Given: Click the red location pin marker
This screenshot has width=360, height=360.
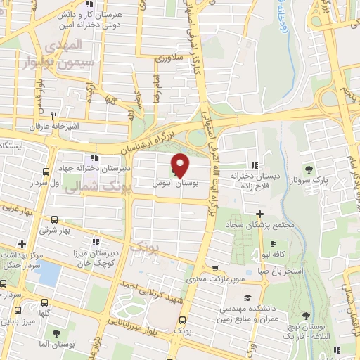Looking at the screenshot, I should tap(181, 165).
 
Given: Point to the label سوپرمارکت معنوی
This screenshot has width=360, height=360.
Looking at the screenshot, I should tap(215, 280).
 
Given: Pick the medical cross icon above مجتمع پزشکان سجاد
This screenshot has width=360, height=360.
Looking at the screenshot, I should tap(259, 214).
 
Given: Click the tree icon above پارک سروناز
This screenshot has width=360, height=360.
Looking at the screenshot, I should tap(309, 169).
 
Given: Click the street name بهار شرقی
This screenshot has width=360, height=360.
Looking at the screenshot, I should tap(76, 231).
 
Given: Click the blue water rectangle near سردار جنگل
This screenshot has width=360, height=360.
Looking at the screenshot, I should tap(48, 272).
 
